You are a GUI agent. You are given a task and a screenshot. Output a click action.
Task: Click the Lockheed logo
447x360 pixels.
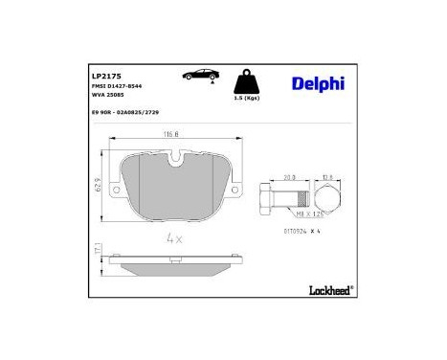click(328, 286)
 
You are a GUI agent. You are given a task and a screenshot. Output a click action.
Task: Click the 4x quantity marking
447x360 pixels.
click(173, 236)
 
